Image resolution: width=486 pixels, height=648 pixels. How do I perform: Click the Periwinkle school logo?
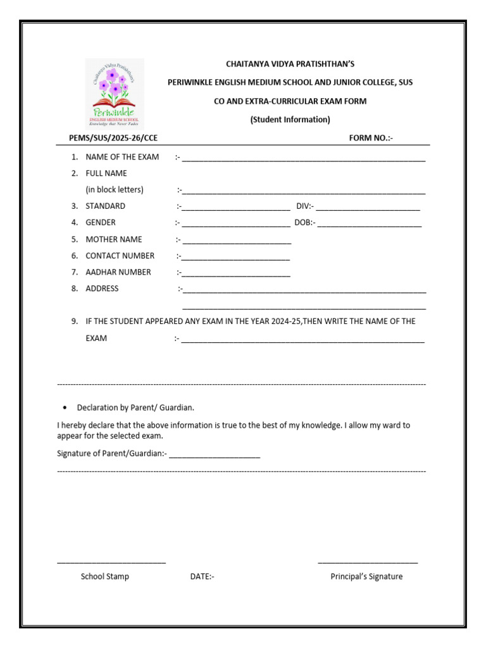click(115, 94)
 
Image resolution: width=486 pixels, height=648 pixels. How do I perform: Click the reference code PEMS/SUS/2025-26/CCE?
click(113, 138)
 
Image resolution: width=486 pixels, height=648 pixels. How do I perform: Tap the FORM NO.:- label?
click(371, 138)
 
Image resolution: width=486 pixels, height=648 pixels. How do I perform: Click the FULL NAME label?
click(106, 173)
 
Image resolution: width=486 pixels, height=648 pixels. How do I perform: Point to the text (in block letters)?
click(115, 190)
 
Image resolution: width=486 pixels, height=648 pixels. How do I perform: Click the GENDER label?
click(101, 223)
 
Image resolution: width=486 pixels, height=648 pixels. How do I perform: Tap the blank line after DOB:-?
click(369, 225)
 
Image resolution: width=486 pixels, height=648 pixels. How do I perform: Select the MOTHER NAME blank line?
click(237, 242)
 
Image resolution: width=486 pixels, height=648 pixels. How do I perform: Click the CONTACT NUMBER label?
click(120, 256)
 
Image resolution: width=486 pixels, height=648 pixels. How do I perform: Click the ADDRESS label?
click(102, 289)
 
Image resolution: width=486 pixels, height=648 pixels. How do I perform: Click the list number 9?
click(74, 321)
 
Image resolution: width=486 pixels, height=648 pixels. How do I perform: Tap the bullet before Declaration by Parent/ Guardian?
click(65, 408)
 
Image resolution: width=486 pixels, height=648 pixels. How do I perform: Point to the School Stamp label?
click(104, 576)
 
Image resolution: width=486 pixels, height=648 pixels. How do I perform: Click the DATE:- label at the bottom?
click(202, 576)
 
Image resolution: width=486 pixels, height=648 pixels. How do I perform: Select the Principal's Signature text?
click(366, 576)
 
